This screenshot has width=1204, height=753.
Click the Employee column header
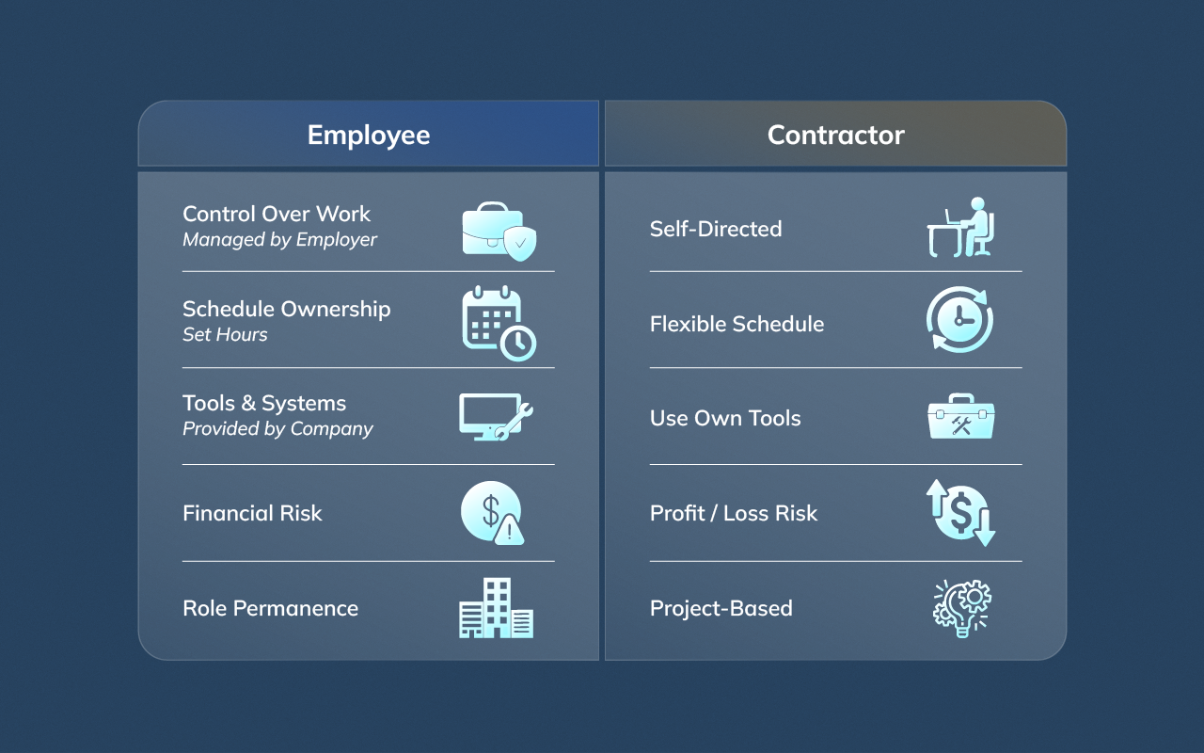pos(369,135)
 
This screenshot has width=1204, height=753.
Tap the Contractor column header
pos(835,135)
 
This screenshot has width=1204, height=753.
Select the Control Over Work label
pos(277,214)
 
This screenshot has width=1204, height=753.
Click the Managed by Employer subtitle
pos(279,240)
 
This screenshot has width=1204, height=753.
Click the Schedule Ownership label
pos(286,309)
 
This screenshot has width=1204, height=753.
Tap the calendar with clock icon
pos(499,323)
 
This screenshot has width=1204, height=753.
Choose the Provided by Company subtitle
pos(277,429)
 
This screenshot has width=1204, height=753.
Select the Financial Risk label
pos(252,513)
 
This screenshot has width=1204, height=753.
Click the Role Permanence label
pos(270,608)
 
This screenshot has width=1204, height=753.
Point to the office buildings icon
pos(496,608)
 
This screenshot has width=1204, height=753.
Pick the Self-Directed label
pos(716,229)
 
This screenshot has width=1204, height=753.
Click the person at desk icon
pos(960,227)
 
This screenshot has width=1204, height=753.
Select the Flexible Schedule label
pos(737,324)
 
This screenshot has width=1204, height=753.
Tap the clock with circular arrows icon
pos(959,320)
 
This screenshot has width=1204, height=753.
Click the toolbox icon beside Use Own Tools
pos(960,417)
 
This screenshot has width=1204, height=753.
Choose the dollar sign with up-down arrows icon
pos(960,513)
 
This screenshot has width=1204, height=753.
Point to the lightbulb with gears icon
pos(961,608)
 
